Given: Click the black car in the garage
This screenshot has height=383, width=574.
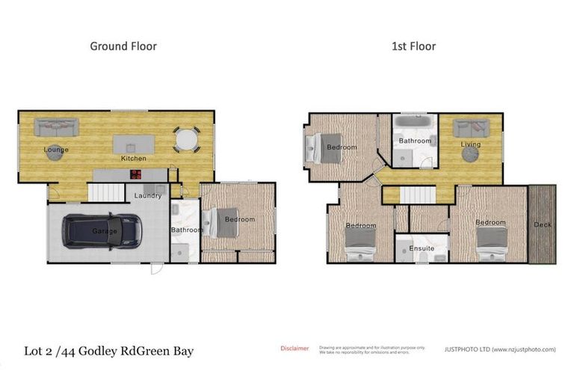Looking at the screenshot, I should (x=103, y=230).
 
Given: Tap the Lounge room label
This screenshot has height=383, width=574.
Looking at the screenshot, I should (x=56, y=150).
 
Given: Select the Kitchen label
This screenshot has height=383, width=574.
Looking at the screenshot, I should (x=134, y=159).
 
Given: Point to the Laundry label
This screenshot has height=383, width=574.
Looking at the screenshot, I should (x=148, y=196).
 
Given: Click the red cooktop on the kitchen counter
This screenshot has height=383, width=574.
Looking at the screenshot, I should (x=137, y=174).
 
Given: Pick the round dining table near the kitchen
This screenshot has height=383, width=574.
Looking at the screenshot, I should (x=187, y=139).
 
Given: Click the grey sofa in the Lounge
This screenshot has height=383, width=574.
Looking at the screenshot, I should (x=56, y=127).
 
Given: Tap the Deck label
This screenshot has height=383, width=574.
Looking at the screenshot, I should (x=543, y=224).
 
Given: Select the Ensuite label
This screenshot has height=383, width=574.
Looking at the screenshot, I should (x=422, y=248).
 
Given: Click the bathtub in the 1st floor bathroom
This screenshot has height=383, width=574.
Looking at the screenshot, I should (x=415, y=121).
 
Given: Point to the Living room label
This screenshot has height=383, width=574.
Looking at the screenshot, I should (x=470, y=144).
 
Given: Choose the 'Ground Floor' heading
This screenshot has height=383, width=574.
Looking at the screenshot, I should (x=123, y=46).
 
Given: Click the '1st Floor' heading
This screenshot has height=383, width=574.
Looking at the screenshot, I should (x=413, y=46).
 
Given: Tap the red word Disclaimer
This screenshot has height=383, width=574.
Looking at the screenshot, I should (x=294, y=349).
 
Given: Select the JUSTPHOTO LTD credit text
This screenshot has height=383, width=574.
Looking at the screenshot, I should (x=500, y=349).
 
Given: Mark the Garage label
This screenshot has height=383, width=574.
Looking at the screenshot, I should (x=105, y=232).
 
